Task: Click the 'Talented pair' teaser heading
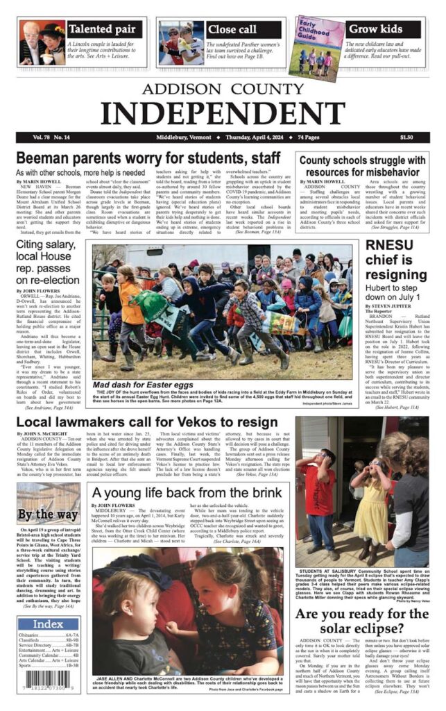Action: point(105,29)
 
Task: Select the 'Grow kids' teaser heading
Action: point(375,29)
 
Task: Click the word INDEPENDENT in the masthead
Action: point(223,111)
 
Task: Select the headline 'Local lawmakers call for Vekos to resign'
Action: point(147,422)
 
